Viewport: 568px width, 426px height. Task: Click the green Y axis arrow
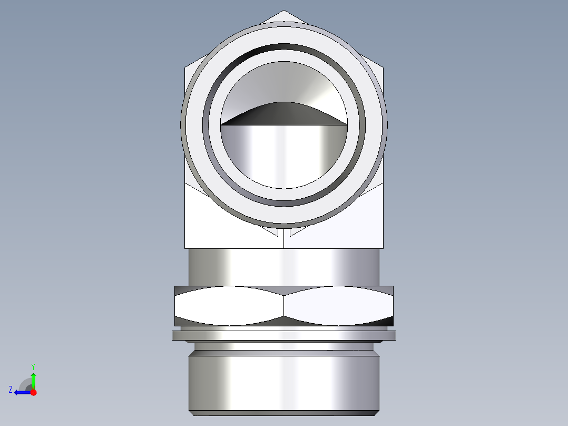coord(33,380)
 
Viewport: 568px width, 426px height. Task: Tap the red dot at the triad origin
coord(33,392)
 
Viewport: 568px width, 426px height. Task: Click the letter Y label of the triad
coord(33,365)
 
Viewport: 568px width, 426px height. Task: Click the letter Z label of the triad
coord(11,389)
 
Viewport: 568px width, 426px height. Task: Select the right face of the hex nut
coord(337,307)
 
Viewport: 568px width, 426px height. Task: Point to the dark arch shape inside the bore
coord(283,113)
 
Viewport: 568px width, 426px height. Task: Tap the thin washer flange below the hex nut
coord(283,335)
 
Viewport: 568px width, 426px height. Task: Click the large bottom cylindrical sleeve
coord(283,382)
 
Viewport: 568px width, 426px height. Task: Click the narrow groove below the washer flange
coord(283,346)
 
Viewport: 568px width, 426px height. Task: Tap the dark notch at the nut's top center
coord(283,291)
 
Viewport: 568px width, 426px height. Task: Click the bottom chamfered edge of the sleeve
coord(283,413)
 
